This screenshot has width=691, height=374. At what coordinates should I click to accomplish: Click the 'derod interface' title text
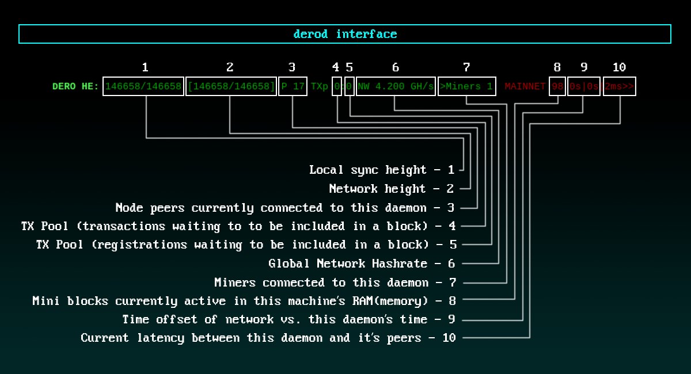345,34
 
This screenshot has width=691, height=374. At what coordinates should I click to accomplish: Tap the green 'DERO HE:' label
75,86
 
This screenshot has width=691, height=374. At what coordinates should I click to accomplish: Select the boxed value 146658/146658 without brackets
143,86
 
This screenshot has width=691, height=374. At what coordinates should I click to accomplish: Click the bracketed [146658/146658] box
230,86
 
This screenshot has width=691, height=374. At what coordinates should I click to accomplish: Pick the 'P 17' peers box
293,86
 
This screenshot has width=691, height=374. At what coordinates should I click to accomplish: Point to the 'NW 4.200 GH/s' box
396,86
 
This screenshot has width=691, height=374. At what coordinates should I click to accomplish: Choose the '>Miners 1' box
466,86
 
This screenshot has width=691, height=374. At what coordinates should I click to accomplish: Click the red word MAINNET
525,86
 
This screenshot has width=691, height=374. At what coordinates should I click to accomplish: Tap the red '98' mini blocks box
557,86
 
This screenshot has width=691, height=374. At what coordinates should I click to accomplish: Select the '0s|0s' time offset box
584,86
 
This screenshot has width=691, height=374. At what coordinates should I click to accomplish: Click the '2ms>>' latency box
620,86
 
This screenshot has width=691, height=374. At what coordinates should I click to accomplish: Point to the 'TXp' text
319,86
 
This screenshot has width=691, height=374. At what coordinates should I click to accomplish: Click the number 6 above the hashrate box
396,67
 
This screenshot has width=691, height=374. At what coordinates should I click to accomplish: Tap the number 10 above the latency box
619,67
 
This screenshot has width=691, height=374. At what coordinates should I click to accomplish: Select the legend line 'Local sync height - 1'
382,170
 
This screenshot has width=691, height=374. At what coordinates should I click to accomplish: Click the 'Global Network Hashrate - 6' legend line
362,264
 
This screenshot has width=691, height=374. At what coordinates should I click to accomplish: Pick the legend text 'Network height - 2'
392,189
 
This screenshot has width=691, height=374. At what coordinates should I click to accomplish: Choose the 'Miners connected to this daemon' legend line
321,283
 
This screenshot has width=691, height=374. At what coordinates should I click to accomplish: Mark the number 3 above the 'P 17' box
292,67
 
